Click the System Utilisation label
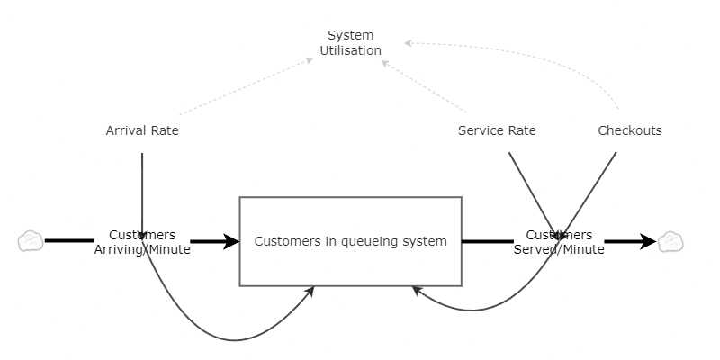click(350, 43)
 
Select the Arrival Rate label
click(142, 130)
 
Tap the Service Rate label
click(497, 130)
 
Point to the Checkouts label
click(630, 130)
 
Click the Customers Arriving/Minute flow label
click(142, 242)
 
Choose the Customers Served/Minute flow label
click(559, 242)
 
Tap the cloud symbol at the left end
click(31, 241)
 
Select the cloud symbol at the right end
click(670, 241)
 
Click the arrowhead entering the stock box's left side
click(232, 241)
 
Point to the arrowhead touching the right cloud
click(649, 241)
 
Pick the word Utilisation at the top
click(350, 51)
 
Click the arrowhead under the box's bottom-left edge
click(310, 291)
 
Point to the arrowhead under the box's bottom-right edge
click(416, 290)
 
